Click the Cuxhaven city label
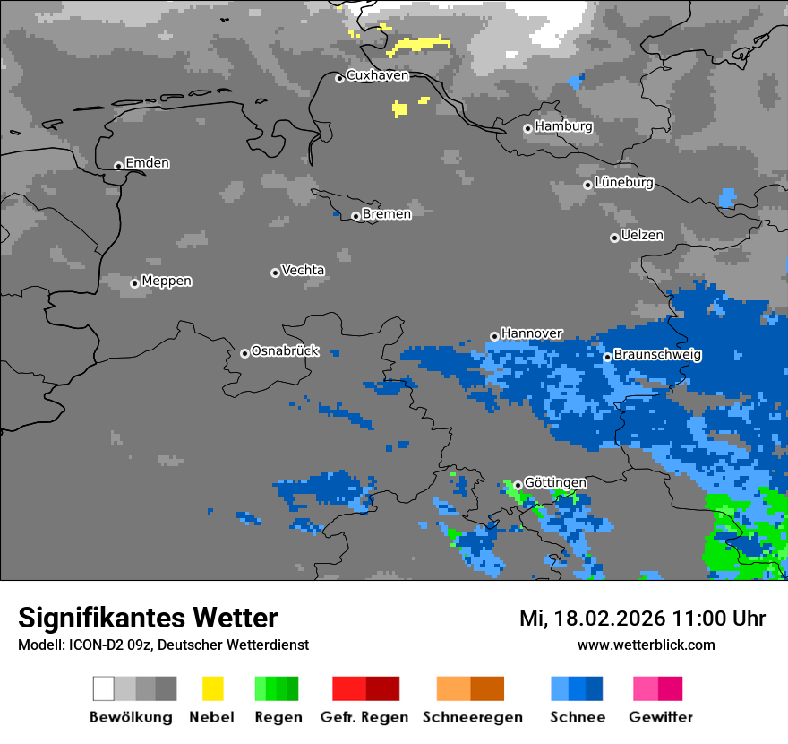point(377,75)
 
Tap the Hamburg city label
point(563,126)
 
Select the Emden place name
point(147,163)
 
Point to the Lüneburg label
point(623,182)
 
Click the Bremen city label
point(387,214)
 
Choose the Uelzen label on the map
point(642,235)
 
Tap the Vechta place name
point(303,270)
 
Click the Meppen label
point(167,281)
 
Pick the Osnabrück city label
point(285,350)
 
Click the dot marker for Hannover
point(494,336)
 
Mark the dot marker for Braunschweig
point(607,357)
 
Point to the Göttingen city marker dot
point(518,485)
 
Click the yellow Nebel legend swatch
point(212,688)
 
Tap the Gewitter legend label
point(660,717)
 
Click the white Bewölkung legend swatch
point(104,688)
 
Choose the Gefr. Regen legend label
point(364,717)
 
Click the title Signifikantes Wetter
point(148,618)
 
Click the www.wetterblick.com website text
point(646,645)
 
